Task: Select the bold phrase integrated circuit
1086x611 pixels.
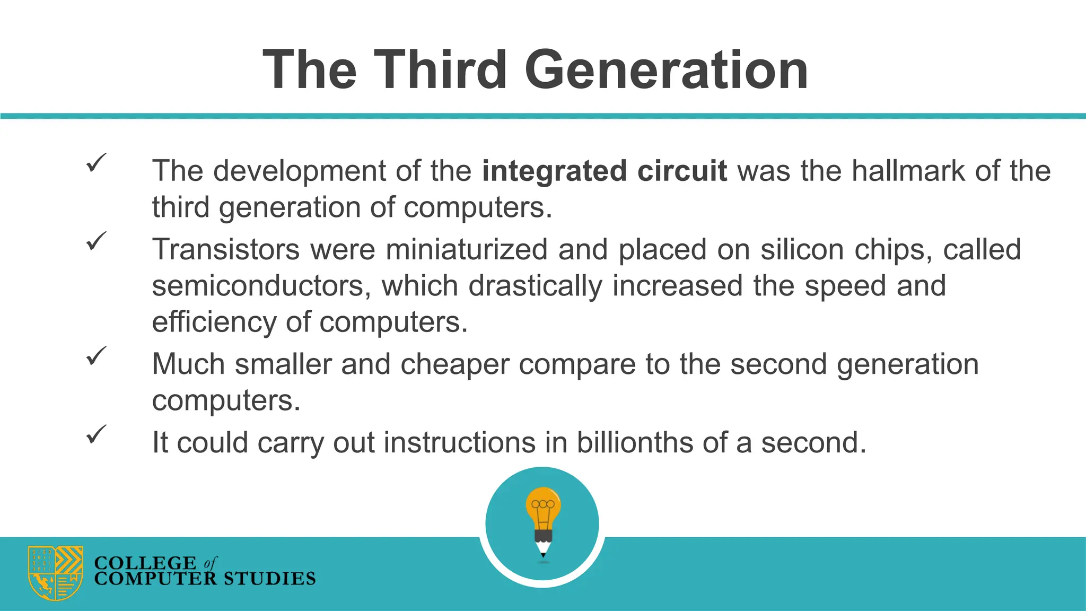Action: click(x=604, y=171)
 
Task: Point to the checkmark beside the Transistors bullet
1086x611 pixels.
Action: click(x=96, y=241)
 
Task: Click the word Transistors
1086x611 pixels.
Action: click(x=225, y=249)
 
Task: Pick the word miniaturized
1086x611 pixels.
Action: click(x=467, y=249)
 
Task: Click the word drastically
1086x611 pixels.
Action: click(x=535, y=286)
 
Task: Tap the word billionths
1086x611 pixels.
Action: click(x=635, y=442)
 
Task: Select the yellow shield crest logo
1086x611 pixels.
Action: click(x=55, y=573)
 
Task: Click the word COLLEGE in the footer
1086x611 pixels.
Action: click(x=145, y=563)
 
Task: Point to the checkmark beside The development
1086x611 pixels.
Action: click(x=96, y=162)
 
